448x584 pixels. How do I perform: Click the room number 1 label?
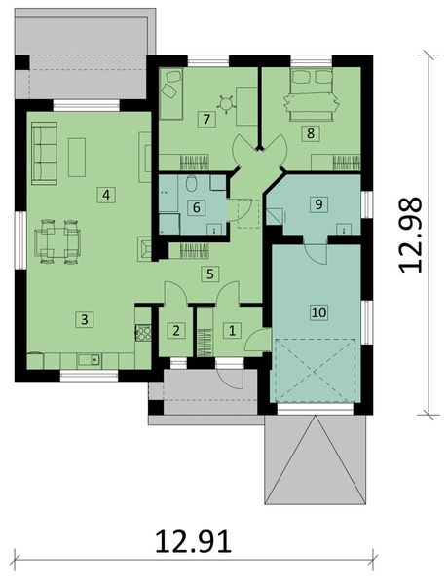coord(231,330)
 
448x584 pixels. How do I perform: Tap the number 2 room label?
coord(176,330)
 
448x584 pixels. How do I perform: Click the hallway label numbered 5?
coord(208,274)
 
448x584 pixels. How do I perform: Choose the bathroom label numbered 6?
coord(196,206)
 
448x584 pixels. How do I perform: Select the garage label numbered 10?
coord(317,311)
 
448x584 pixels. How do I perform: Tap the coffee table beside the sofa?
coord(77,156)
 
